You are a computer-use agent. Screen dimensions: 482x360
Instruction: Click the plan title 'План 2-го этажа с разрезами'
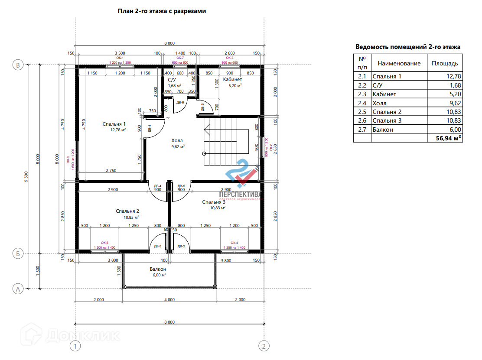(162, 11)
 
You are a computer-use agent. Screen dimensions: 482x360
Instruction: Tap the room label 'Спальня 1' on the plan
(114, 124)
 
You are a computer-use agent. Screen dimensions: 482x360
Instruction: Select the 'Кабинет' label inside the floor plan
(232, 80)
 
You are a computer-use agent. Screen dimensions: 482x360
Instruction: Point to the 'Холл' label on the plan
(177, 141)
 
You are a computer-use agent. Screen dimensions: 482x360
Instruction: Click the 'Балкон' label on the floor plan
(158, 269)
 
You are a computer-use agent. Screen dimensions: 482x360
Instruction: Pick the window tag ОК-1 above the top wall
(120, 58)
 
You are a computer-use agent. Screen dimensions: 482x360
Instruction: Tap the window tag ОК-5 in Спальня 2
(104, 243)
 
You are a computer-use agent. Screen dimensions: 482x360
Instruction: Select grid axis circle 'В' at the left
(18, 65)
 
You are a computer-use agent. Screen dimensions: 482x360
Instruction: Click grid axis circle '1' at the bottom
(75, 346)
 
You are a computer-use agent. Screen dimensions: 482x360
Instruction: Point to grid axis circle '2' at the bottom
(264, 346)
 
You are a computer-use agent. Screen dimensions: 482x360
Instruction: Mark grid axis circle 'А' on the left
(18, 289)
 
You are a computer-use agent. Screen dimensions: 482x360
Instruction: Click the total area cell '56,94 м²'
(445, 138)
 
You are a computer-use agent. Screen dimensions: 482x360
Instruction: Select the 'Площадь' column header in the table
(444, 63)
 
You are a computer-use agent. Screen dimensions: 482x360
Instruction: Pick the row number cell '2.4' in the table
(362, 103)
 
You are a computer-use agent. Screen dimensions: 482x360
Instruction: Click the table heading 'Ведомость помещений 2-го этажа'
(408, 47)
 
